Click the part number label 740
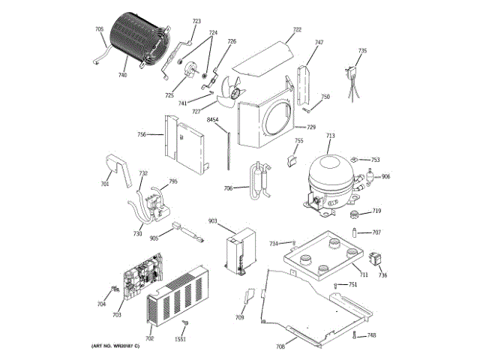tap(123, 75)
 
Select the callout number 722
tap(297, 29)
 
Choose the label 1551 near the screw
tap(181, 340)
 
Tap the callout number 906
tap(385, 176)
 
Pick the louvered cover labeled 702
tap(175, 300)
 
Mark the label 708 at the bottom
tap(280, 346)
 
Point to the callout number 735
tap(362, 50)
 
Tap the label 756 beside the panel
tap(141, 134)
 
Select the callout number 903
tap(212, 221)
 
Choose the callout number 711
tap(363, 275)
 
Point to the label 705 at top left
tap(99, 29)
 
